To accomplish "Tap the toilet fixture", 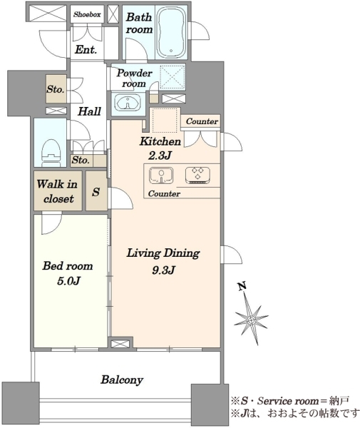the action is click(x=51, y=153).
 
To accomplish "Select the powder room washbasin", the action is click(x=127, y=102).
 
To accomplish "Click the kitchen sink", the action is click(x=161, y=175).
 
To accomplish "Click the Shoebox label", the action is click(x=87, y=14).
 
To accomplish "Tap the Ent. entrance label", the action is click(x=86, y=50).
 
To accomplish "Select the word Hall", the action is click(x=89, y=111).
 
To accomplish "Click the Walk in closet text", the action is click(x=57, y=191).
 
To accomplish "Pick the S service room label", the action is click(x=96, y=192).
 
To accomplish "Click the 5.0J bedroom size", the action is click(x=68, y=281).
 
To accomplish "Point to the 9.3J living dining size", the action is click(x=163, y=270).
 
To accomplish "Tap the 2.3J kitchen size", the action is click(x=160, y=156).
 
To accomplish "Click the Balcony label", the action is click(x=122, y=379).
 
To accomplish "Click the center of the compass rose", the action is click(x=252, y=320).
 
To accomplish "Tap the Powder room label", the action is click(x=134, y=78).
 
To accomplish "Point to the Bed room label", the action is click(x=68, y=265).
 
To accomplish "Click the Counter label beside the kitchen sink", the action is click(x=164, y=193).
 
